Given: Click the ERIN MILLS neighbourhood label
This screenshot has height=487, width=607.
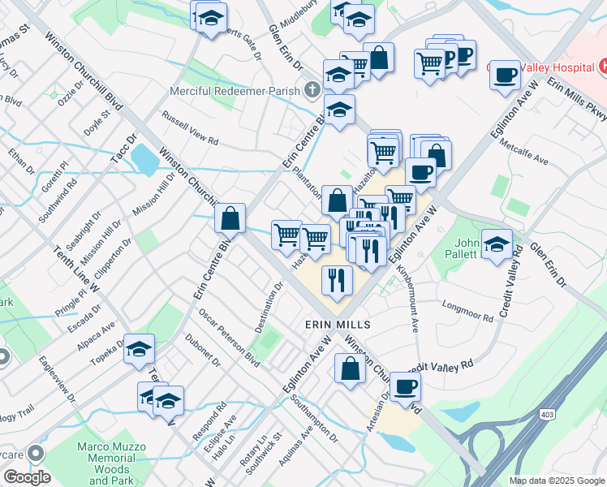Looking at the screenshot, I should [338, 324].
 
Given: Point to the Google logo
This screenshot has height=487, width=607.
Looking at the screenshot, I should [27, 477].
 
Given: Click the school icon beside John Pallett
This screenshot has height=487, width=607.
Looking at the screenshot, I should [497, 244].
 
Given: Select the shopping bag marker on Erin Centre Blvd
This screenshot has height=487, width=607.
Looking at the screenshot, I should [231, 218].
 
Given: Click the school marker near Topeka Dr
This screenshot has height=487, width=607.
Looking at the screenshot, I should [140, 349].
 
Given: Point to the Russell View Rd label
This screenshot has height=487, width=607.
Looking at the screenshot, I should [191, 128].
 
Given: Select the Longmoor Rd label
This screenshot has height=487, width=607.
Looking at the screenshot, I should [468, 312].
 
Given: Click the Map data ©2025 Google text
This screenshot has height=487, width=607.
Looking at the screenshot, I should [556, 481].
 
